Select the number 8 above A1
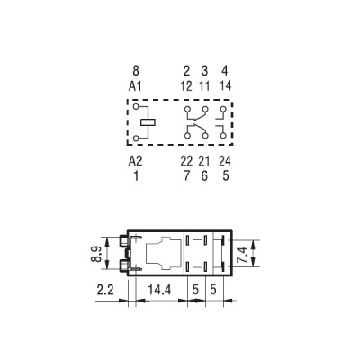[x=136, y=70]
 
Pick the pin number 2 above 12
[x=186, y=70]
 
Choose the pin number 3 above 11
[x=204, y=70]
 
